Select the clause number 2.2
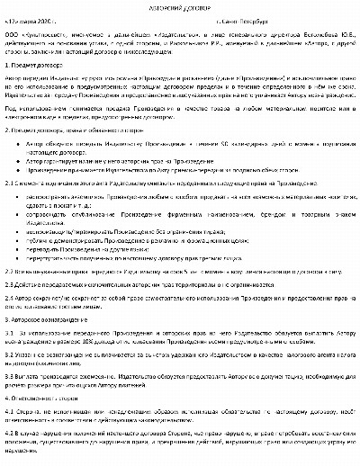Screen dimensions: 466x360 click(9, 294)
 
